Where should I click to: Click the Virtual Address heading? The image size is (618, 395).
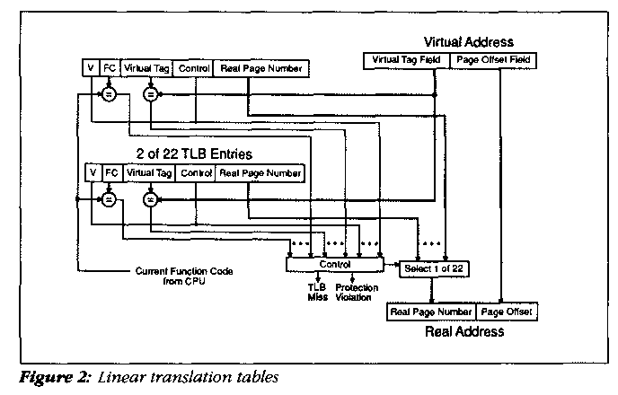coord(469,41)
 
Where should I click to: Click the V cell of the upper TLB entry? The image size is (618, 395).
coord(90,68)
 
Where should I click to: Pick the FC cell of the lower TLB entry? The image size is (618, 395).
coord(111,172)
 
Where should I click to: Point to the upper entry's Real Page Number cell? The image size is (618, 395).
coord(260,68)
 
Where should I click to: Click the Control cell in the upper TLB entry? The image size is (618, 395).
coord(194,68)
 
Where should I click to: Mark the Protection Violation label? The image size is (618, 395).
coord(357,293)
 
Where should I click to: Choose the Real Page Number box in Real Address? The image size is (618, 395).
coord(431,312)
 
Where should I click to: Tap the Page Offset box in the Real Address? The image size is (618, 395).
coord(507,312)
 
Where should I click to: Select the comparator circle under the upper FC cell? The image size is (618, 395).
coord(108,93)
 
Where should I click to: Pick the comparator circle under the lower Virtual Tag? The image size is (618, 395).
coord(150,197)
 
